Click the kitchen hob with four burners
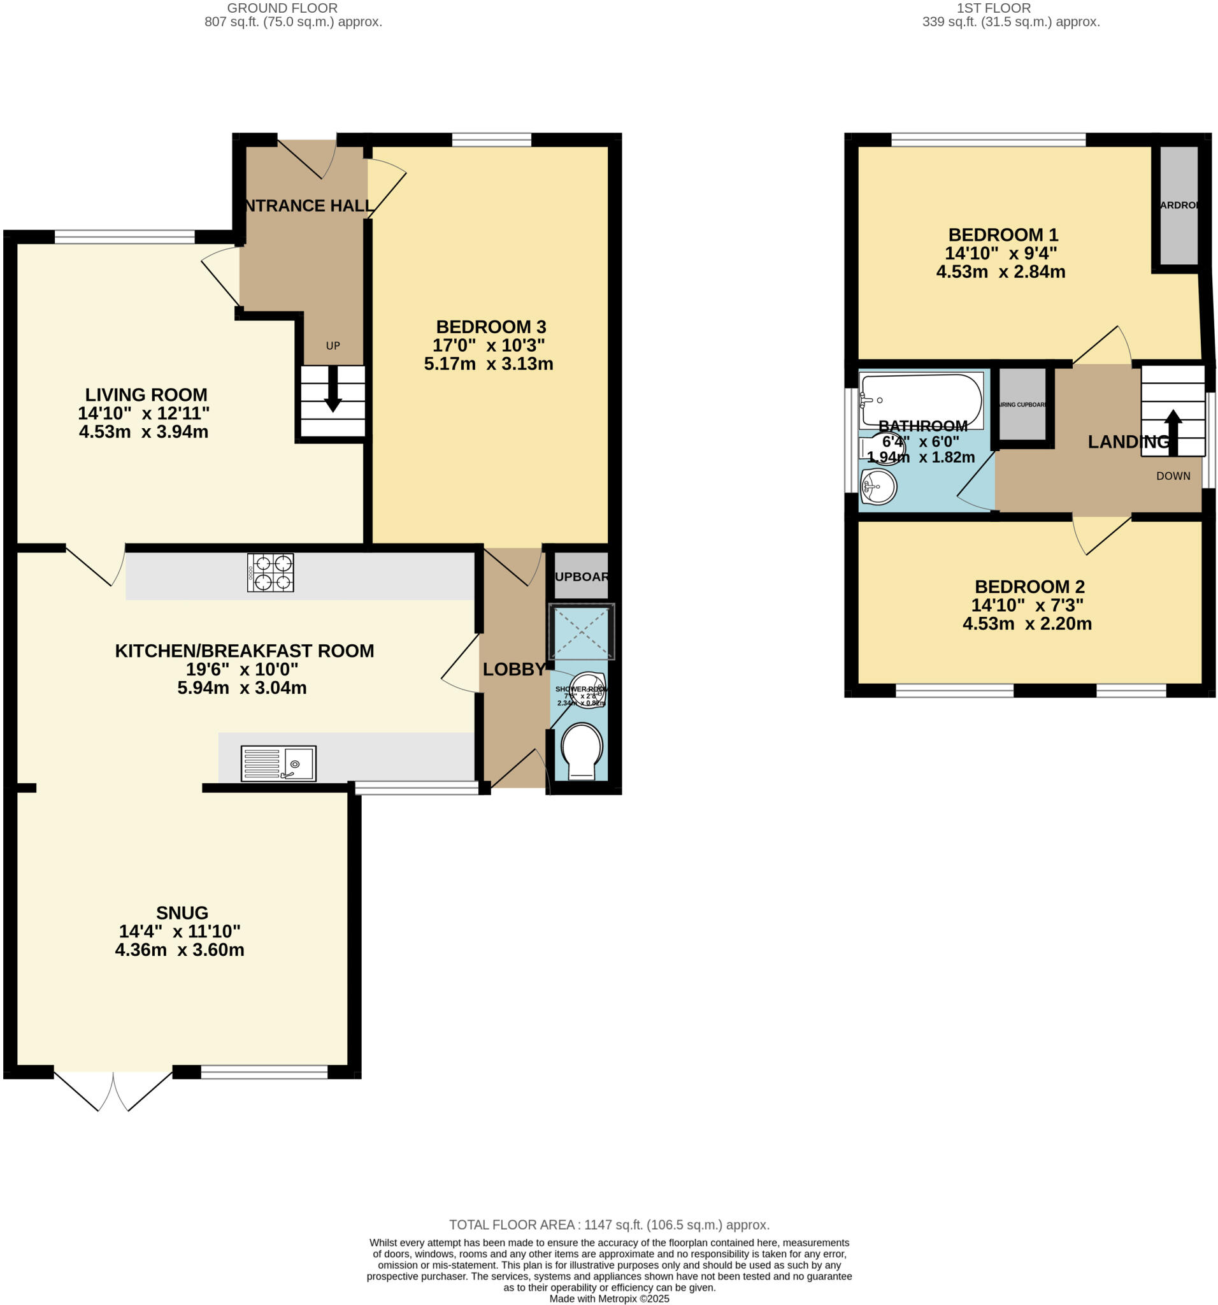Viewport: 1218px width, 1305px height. click(270, 572)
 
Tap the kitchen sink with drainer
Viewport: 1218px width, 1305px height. click(278, 763)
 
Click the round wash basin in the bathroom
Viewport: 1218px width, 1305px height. click(878, 486)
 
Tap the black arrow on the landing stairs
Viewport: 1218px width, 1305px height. click(1173, 432)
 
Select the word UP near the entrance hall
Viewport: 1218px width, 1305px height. click(333, 345)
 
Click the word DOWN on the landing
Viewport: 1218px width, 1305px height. click(1173, 476)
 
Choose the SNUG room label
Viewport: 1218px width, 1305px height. click(182, 912)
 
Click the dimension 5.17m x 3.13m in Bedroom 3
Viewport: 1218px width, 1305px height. click(488, 364)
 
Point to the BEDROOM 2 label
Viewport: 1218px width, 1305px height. click(1029, 586)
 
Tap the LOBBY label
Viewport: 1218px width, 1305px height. click(514, 669)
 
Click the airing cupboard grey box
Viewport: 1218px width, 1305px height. click(1022, 404)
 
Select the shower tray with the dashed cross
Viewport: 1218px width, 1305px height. click(581, 632)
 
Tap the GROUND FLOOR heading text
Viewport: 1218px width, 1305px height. click(282, 8)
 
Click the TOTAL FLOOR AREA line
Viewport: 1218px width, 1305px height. click(608, 1224)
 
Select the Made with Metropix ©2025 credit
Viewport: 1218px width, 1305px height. click(608, 1299)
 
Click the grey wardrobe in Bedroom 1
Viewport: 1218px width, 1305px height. click(1179, 205)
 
